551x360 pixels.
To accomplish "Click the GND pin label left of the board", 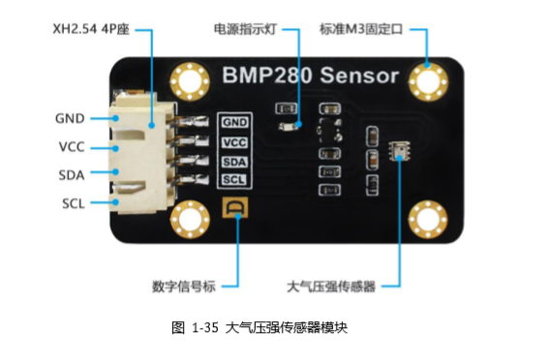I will point(69,119).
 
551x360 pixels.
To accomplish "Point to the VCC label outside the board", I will point(70,148).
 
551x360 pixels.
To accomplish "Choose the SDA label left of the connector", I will point(70,175).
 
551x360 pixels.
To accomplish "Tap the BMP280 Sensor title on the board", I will point(309,75).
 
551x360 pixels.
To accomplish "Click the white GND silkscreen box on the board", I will point(235,123).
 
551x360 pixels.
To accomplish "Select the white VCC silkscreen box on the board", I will point(235,142).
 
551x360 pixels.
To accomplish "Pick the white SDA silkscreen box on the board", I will point(235,162).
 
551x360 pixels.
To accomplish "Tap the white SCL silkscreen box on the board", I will point(235,180).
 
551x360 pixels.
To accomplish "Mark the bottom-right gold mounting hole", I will point(428,219).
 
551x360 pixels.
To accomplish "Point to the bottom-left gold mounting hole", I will point(189,220).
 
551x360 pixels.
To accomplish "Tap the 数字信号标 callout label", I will point(183,285).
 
